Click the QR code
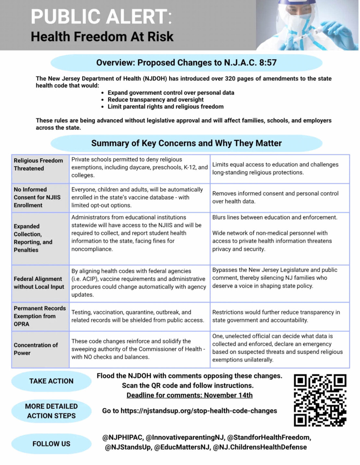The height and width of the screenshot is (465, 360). pyautogui.click(x=320, y=400)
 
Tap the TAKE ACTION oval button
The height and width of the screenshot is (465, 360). pyautogui.click(x=51, y=381)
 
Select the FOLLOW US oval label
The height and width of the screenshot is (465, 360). pyautogui.click(x=51, y=444)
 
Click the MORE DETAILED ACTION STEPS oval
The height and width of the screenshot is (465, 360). pyautogui.click(x=51, y=411)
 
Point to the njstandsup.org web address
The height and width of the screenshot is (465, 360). pyautogui.click(x=198, y=411)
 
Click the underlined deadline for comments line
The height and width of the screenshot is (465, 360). pyautogui.click(x=189, y=395)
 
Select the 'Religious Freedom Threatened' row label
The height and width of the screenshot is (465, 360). pyautogui.click(x=38, y=164)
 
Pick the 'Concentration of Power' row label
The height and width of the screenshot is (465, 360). pyautogui.click(x=36, y=349)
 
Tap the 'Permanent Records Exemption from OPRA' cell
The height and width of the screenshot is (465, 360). pyautogui.click(x=40, y=316)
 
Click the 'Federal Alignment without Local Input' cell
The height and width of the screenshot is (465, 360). pyautogui.click(x=39, y=283)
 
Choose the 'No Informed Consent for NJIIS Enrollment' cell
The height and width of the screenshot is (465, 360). pyautogui.click(x=37, y=197)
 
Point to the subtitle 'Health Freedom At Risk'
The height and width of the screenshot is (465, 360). pyautogui.click(x=102, y=37)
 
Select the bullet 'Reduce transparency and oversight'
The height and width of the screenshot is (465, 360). pyautogui.click(x=155, y=100)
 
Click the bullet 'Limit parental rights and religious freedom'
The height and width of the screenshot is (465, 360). pyautogui.click(x=165, y=106)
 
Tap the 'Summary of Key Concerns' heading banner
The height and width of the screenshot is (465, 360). pyautogui.click(x=186, y=143)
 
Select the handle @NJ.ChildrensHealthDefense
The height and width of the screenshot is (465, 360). pyautogui.click(x=259, y=447)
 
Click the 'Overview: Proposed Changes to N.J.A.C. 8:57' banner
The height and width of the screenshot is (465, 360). pyautogui.click(x=186, y=63)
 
